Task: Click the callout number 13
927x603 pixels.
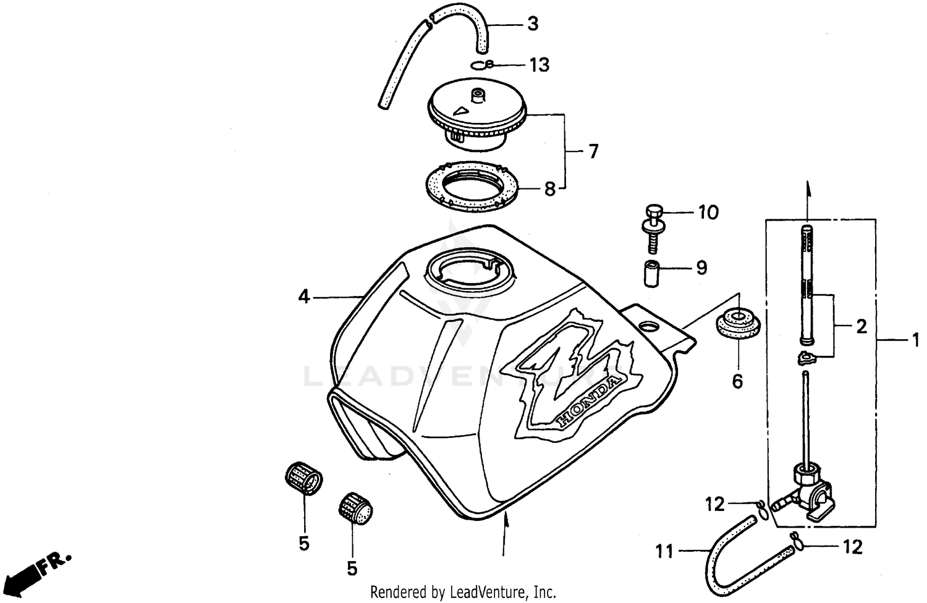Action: coord(539,65)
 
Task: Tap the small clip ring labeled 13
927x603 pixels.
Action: coord(481,65)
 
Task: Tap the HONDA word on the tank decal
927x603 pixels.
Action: coord(588,401)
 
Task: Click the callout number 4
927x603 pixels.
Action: coord(303,297)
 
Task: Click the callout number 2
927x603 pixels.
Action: coord(861,326)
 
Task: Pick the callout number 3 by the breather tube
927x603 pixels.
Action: coord(532,24)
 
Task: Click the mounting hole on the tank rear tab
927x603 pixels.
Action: coord(649,325)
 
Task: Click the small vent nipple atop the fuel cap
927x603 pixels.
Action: coord(477,96)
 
